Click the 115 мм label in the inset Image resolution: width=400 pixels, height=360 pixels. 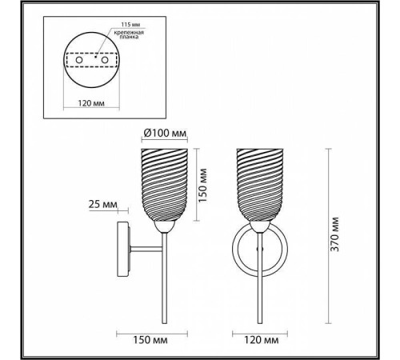[130, 25]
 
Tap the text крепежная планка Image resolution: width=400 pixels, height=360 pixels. [129, 34]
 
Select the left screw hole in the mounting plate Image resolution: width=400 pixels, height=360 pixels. [79, 60]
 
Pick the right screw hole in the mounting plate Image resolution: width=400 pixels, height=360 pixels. [104, 60]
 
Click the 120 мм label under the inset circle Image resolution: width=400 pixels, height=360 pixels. [91, 103]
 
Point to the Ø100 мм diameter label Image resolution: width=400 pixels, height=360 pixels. [165, 133]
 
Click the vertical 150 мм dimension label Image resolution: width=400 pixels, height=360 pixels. [202, 185]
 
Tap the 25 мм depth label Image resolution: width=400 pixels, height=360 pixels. [102, 204]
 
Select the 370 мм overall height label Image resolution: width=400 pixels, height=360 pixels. [334, 234]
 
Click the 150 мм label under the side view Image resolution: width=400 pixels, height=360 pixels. [150, 340]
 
